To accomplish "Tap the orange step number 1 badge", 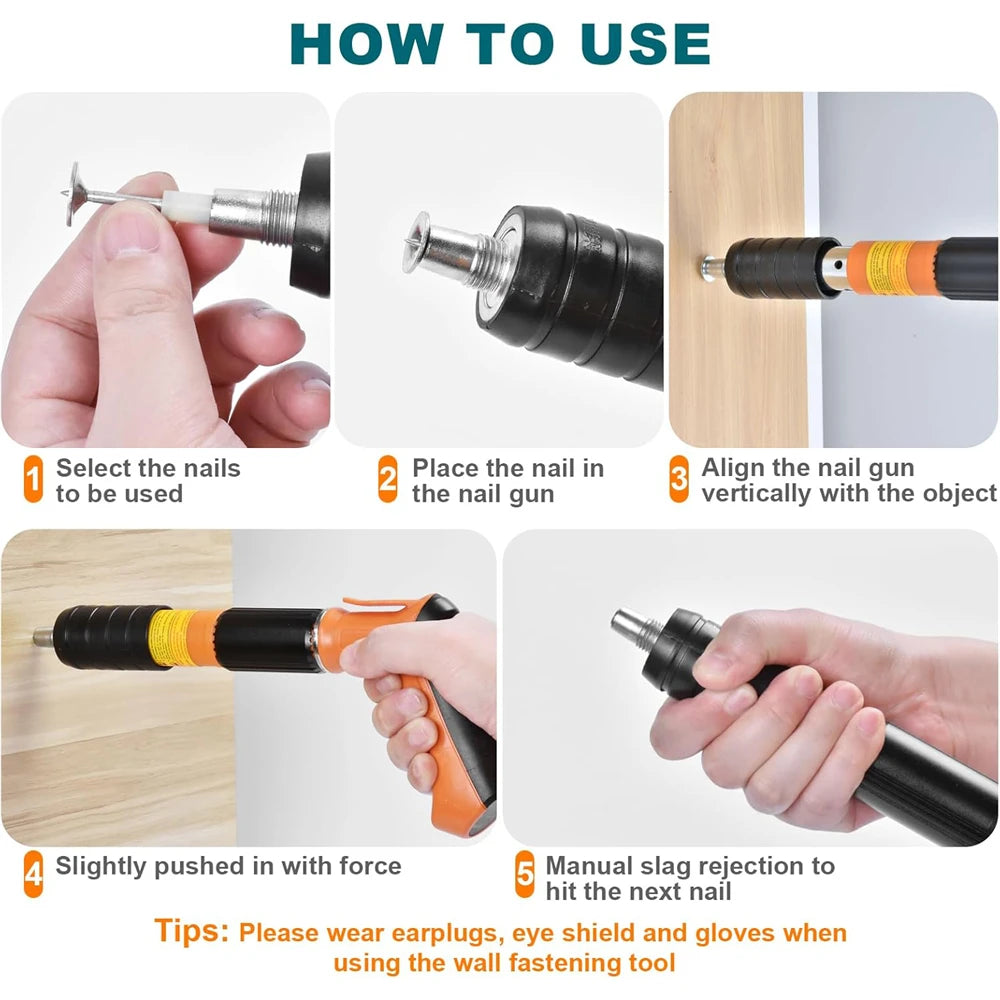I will click(x=33, y=480).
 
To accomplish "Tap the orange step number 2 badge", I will click(x=388, y=480).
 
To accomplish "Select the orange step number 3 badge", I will click(x=679, y=480).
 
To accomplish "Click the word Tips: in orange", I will click(x=192, y=931).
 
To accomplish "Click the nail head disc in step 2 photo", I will click(x=418, y=242).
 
